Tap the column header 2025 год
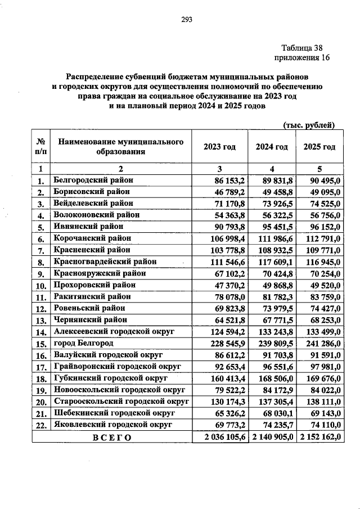(319, 147)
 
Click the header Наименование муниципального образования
(121, 147)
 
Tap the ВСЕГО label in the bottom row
(111, 437)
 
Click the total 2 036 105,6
(220, 437)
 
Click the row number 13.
(40, 321)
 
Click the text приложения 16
(301, 58)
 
